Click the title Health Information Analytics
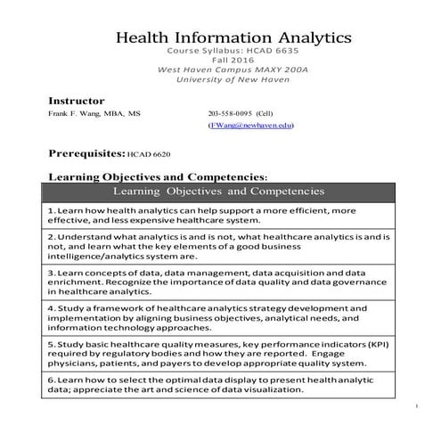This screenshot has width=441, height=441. (234, 38)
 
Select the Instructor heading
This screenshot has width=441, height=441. (76, 101)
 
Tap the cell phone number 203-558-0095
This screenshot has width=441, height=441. (230, 115)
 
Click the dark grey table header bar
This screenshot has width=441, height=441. (221, 191)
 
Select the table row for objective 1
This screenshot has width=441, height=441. (221, 215)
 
